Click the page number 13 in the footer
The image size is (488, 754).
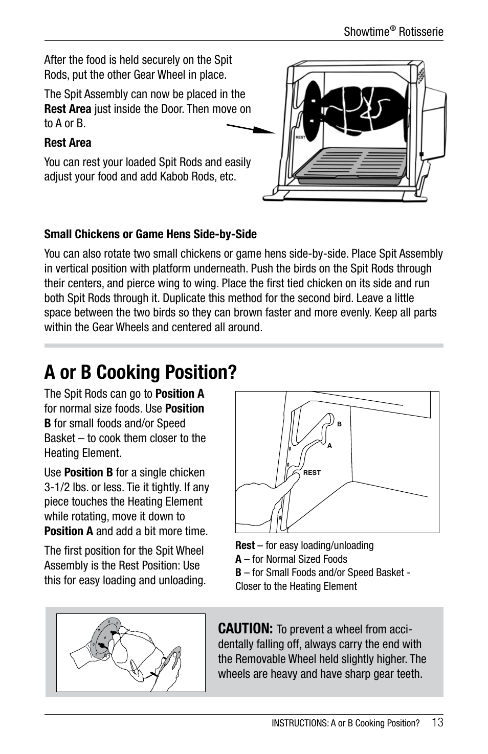(437, 722)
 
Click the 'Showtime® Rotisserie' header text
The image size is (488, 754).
(393, 32)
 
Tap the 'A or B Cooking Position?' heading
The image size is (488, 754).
(140, 372)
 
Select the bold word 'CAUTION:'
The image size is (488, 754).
(246, 628)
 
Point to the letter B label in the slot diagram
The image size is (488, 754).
(339, 424)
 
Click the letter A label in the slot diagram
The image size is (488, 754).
(329, 446)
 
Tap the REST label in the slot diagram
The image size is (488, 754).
(312, 473)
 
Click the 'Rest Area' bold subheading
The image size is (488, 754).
(68, 143)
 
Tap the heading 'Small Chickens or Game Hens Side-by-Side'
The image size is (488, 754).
(150, 234)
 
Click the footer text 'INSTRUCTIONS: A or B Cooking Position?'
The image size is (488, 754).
(345, 723)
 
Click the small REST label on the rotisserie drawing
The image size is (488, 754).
(300, 137)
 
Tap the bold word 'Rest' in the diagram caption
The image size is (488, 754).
(245, 545)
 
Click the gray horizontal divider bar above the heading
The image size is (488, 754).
(243, 346)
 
